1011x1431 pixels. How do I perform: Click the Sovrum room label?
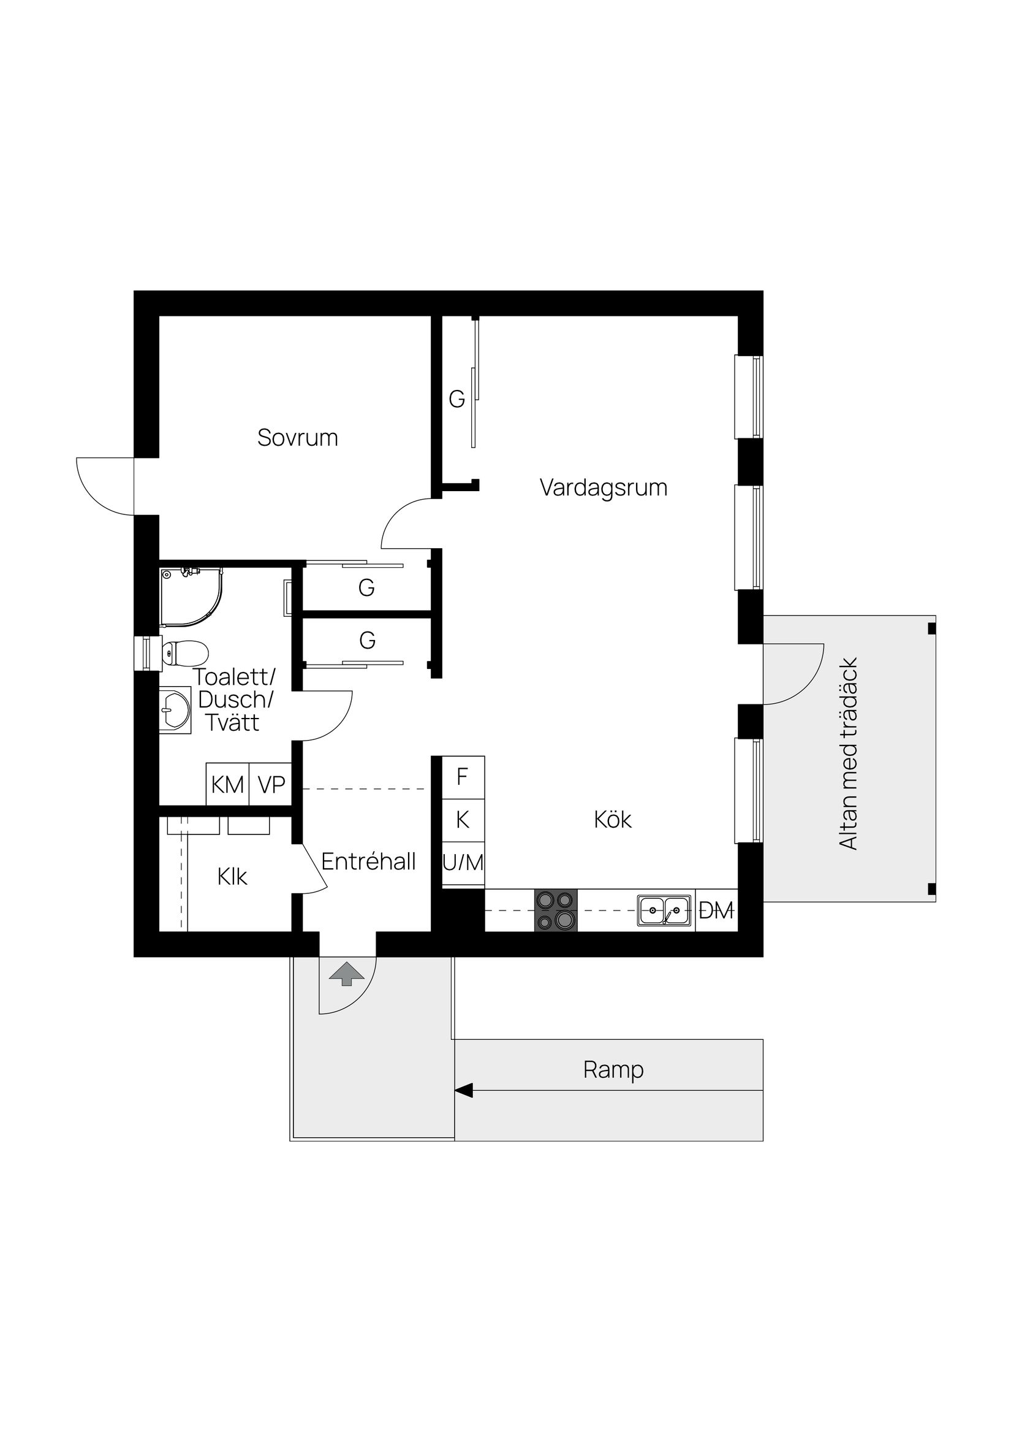(x=297, y=438)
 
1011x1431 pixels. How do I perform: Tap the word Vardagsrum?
(x=603, y=487)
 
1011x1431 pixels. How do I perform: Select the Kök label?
(x=612, y=820)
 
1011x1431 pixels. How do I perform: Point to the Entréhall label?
(x=368, y=861)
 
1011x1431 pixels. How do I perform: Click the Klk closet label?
(x=232, y=877)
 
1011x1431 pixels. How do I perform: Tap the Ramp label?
(x=613, y=1069)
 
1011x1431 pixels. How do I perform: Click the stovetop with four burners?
(x=556, y=910)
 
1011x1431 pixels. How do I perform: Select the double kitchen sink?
(x=664, y=910)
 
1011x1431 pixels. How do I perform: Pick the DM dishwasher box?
(x=716, y=910)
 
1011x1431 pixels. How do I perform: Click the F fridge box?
(x=463, y=777)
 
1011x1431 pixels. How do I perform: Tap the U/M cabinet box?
(x=463, y=863)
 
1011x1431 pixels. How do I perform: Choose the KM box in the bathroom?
(x=227, y=785)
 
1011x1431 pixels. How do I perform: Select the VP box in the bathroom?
(x=271, y=785)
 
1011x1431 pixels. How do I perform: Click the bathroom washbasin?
(x=175, y=710)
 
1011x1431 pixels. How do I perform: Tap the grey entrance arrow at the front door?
(x=346, y=974)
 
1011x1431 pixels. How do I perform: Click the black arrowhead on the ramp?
(x=463, y=1090)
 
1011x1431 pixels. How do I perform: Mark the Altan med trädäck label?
(x=849, y=754)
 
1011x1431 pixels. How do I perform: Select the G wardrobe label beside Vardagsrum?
(x=456, y=399)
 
